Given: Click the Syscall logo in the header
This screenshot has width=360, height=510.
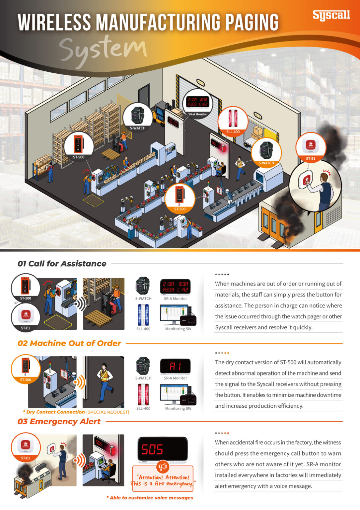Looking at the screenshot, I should (x=331, y=15).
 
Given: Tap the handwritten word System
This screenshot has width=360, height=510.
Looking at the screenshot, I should (x=103, y=50).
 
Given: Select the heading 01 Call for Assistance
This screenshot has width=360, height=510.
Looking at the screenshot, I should (x=62, y=264).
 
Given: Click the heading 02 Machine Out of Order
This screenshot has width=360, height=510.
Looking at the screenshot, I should (x=69, y=343).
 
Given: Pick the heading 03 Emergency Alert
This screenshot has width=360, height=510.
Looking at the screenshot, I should (x=59, y=422).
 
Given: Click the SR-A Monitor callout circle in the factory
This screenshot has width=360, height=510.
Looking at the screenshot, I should (x=197, y=103).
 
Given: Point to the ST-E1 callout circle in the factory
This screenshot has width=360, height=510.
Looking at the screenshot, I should (x=311, y=147).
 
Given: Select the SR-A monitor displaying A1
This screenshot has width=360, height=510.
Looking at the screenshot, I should (x=175, y=366).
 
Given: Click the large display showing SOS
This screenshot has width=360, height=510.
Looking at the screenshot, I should (x=162, y=450).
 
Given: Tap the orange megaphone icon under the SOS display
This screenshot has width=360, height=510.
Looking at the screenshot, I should (x=163, y=467).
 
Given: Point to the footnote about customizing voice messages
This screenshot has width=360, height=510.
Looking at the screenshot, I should (x=150, y=498).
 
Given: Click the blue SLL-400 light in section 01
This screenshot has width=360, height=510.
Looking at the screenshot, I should (x=143, y=315).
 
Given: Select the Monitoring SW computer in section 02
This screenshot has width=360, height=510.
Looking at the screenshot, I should (x=178, y=394).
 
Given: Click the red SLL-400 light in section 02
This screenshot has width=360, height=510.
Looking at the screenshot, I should (x=143, y=394).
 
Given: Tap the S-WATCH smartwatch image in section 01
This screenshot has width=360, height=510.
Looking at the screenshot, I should (x=143, y=286).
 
